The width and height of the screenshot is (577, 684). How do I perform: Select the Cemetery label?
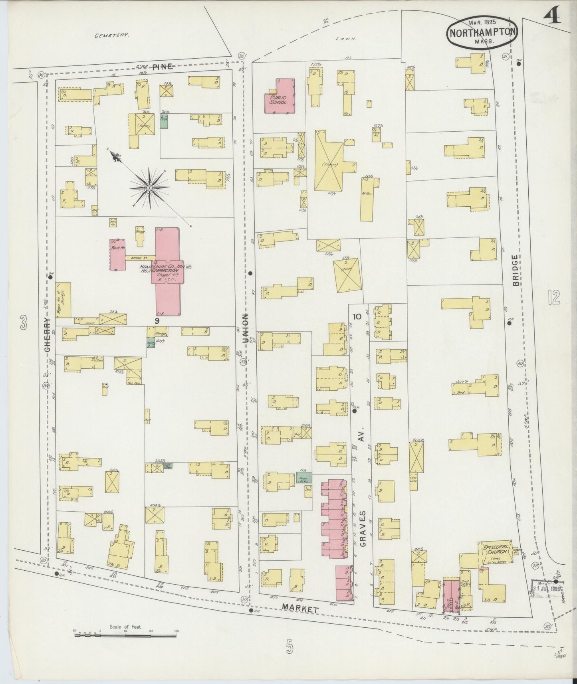point(111,35)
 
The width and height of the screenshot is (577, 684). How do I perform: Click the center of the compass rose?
point(149,188)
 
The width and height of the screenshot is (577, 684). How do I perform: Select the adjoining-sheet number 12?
point(554,297)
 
